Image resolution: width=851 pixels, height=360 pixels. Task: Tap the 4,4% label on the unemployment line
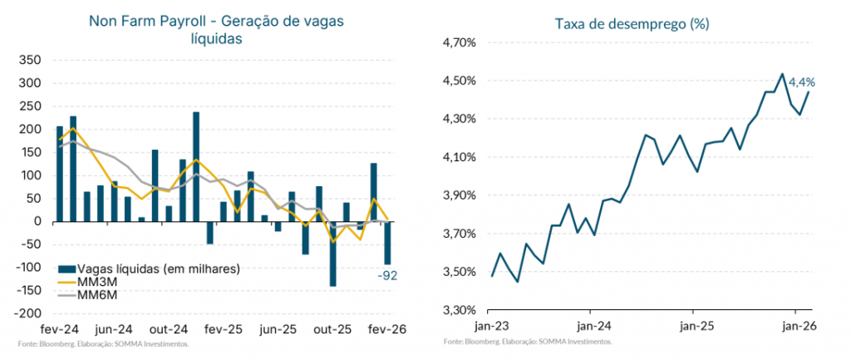point(801,82)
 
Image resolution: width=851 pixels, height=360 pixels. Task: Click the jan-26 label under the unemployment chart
point(796,327)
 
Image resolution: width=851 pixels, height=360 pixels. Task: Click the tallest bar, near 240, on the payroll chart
point(196,166)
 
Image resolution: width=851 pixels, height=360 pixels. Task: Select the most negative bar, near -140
point(332,254)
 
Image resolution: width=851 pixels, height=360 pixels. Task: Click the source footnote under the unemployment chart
point(528,342)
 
